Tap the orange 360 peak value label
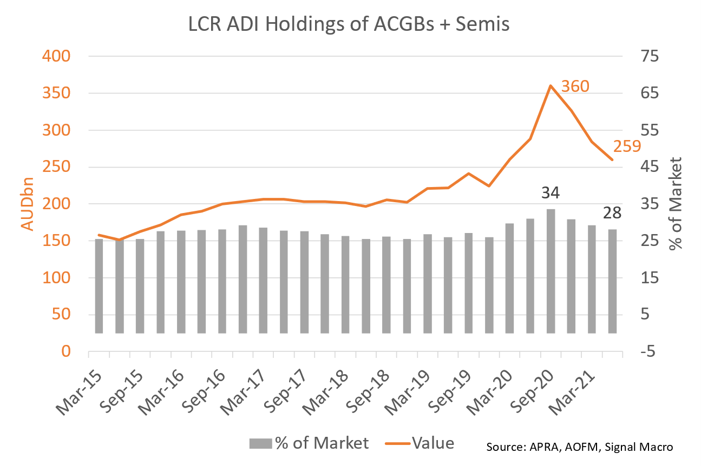pyautogui.click(x=574, y=86)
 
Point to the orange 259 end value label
pyautogui.click(x=627, y=146)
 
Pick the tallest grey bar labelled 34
pyautogui.click(x=551, y=270)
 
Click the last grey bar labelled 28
pyautogui.click(x=612, y=281)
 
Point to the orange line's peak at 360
pyautogui.click(x=550, y=86)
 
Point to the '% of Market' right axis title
pyautogui.click(x=675, y=203)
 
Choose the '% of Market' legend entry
pyautogui.click(x=309, y=443)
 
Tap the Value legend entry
pyautogui.click(x=420, y=443)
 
